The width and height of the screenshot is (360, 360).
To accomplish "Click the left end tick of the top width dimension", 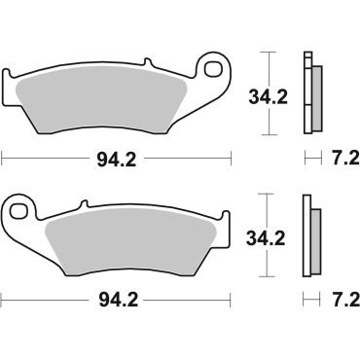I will (3, 154).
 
